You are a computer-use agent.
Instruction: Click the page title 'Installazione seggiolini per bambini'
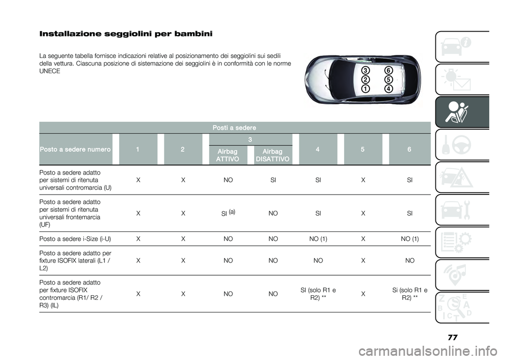click(126, 34)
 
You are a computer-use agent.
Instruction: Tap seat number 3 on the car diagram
click(365, 71)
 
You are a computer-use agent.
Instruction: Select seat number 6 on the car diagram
click(388, 71)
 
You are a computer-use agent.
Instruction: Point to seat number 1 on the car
click(365, 89)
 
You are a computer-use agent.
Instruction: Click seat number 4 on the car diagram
click(388, 89)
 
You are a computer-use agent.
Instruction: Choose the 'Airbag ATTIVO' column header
click(228, 155)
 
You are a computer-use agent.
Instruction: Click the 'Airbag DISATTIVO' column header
click(273, 155)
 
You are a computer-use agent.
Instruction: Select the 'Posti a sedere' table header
click(234, 128)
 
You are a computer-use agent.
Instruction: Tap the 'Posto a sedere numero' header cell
click(75, 149)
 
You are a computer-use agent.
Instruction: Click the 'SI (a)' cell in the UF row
click(228, 213)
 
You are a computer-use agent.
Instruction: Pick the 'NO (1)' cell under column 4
click(318, 239)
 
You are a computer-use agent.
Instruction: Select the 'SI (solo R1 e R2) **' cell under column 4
click(318, 294)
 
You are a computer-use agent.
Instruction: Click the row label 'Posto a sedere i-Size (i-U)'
click(75, 239)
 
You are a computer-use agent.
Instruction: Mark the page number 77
click(453, 337)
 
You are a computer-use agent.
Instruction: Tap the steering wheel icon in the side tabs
click(462, 145)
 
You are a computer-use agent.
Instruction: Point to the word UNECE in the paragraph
click(50, 71)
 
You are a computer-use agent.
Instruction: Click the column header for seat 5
click(363, 149)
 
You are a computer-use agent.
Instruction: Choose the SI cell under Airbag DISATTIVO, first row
click(273, 180)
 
